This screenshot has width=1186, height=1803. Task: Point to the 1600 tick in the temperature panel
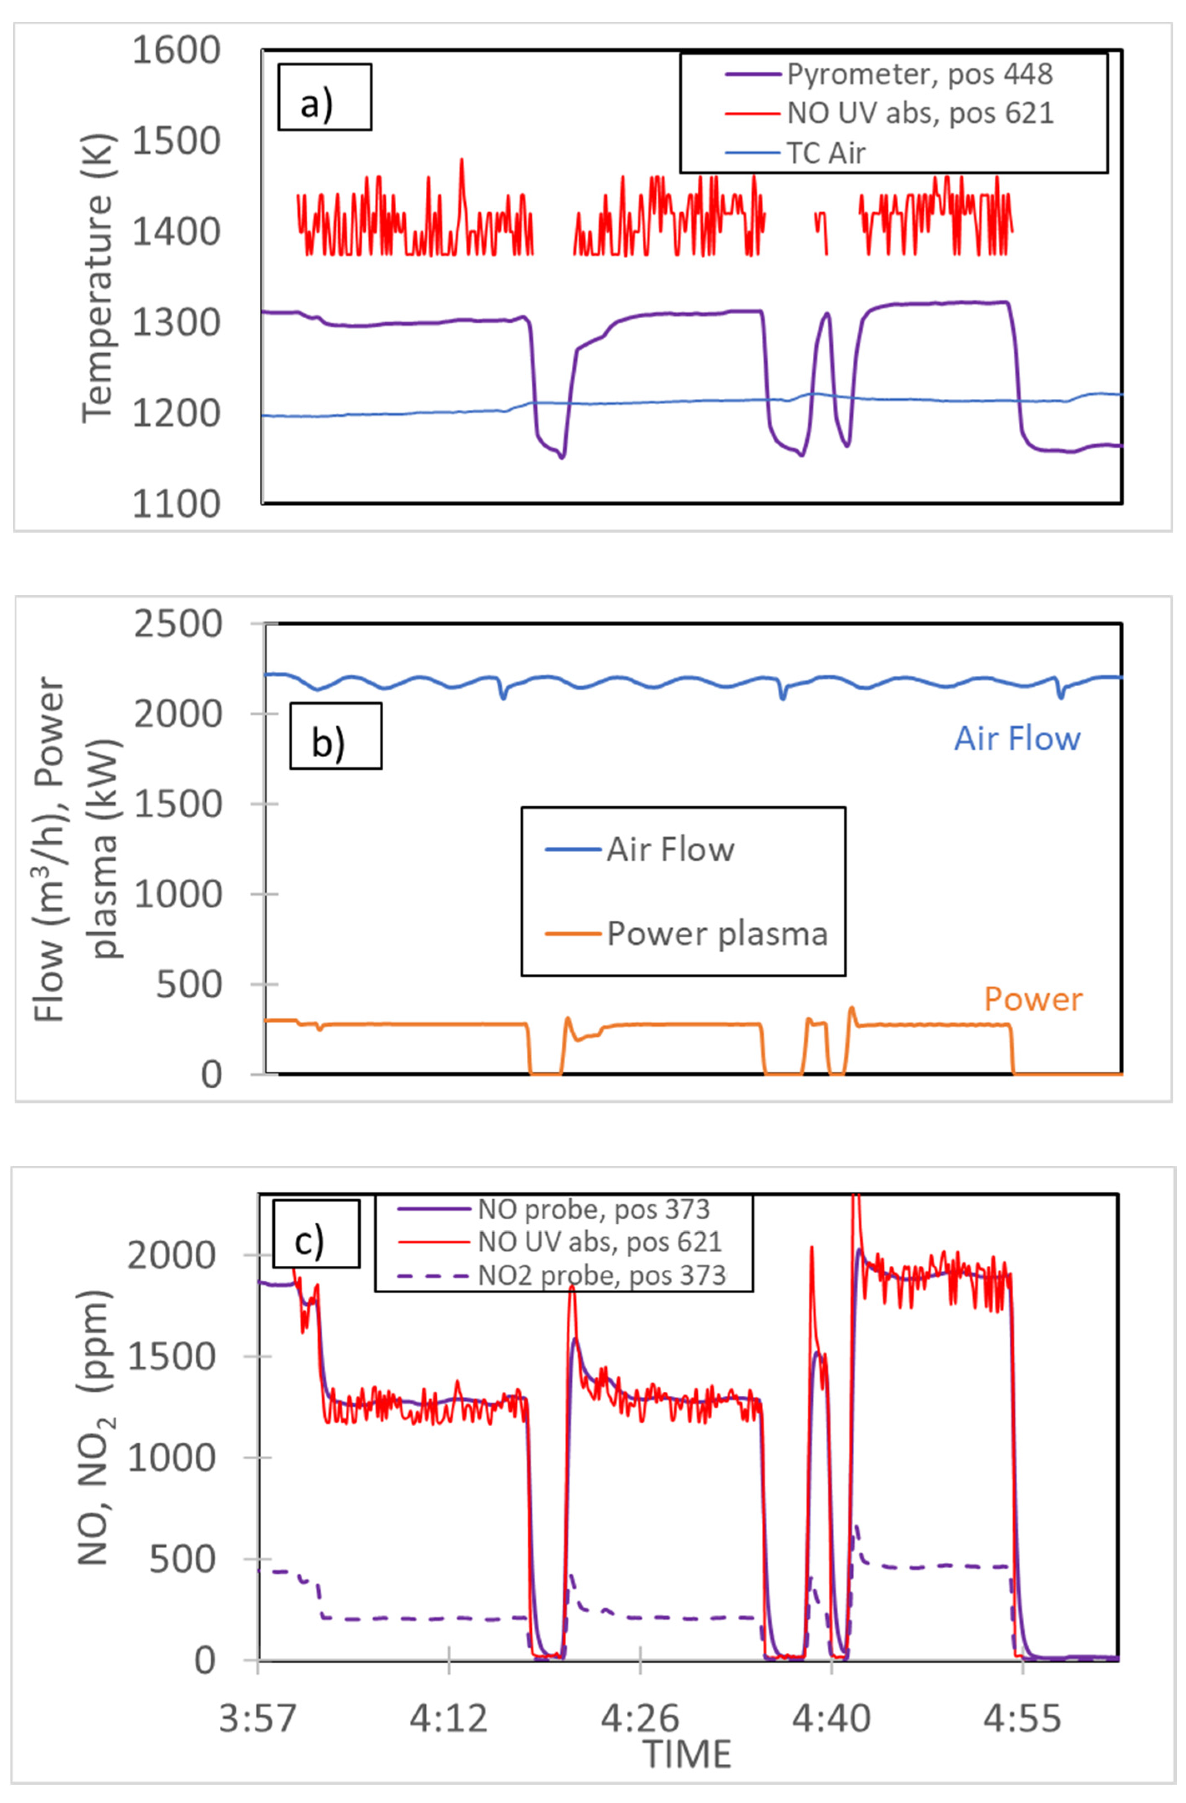tap(176, 51)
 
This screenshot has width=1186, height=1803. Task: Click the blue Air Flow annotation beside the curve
tap(1016, 739)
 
